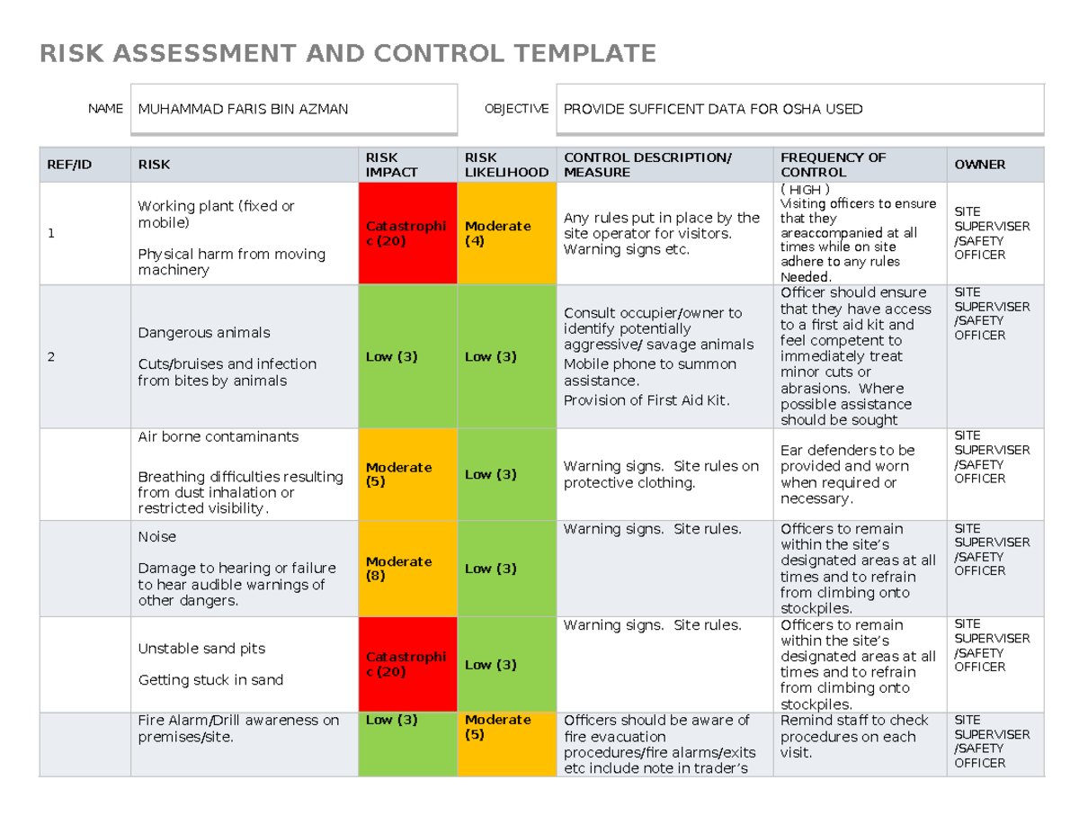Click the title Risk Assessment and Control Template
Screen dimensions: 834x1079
tap(348, 54)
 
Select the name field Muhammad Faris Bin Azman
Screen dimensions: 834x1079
tap(294, 109)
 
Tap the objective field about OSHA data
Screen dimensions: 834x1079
tap(799, 109)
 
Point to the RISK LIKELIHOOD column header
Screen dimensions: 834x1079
tap(506, 165)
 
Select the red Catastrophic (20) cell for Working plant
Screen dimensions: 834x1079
tap(407, 234)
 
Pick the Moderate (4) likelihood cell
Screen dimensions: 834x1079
tap(507, 234)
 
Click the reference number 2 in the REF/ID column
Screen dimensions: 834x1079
tap(52, 357)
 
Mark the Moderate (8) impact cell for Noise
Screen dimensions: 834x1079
tap(407, 569)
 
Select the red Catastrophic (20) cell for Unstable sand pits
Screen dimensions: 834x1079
tap(407, 665)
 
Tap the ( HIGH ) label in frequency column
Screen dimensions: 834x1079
tap(805, 190)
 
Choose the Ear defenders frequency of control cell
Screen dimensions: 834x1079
tap(859, 473)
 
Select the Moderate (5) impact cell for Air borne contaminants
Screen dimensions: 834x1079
tap(407, 474)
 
